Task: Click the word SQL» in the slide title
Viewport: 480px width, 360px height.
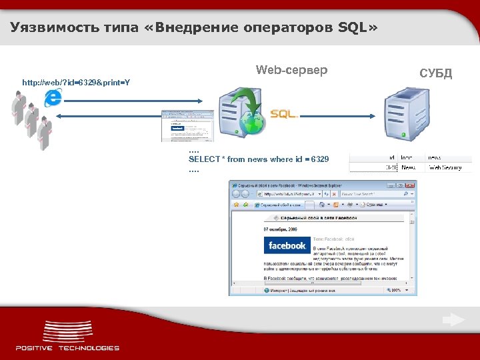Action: (357, 27)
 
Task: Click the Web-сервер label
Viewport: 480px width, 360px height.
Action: (292, 70)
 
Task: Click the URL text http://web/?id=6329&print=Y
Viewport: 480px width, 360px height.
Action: (76, 83)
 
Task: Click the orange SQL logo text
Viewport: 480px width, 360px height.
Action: (283, 114)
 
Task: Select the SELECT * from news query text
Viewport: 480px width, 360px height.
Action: (259, 159)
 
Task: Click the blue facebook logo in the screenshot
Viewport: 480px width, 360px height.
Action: (287, 245)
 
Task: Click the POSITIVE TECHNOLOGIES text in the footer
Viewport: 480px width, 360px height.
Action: (67, 348)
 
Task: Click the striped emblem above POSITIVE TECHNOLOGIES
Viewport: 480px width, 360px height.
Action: (67, 331)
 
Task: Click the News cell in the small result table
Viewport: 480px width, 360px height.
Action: (409, 167)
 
